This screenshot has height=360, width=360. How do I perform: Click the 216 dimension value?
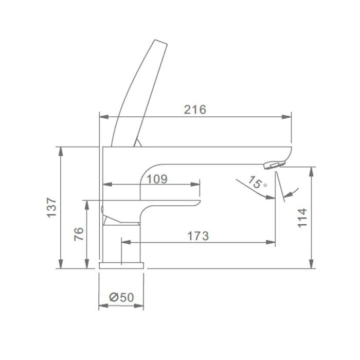click(x=195, y=110)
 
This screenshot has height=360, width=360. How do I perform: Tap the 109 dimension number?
click(x=157, y=179)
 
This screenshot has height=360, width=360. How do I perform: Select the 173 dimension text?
click(x=198, y=236)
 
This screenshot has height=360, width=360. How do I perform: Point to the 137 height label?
click(x=51, y=207)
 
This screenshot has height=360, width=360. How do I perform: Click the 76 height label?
click(x=79, y=234)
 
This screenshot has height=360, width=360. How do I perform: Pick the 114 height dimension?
click(x=302, y=218)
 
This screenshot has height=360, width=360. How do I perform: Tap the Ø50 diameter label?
click(x=121, y=297)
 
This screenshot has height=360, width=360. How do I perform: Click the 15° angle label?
click(x=257, y=182)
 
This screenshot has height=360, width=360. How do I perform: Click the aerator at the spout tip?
click(x=274, y=165)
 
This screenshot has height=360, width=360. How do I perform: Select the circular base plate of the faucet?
click(x=121, y=265)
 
